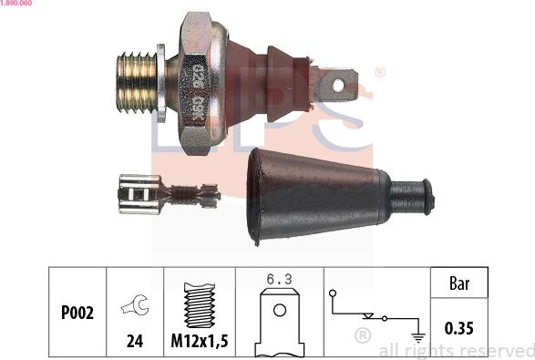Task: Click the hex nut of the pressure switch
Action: pos(201,83)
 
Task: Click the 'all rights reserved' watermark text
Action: pos(456,350)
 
